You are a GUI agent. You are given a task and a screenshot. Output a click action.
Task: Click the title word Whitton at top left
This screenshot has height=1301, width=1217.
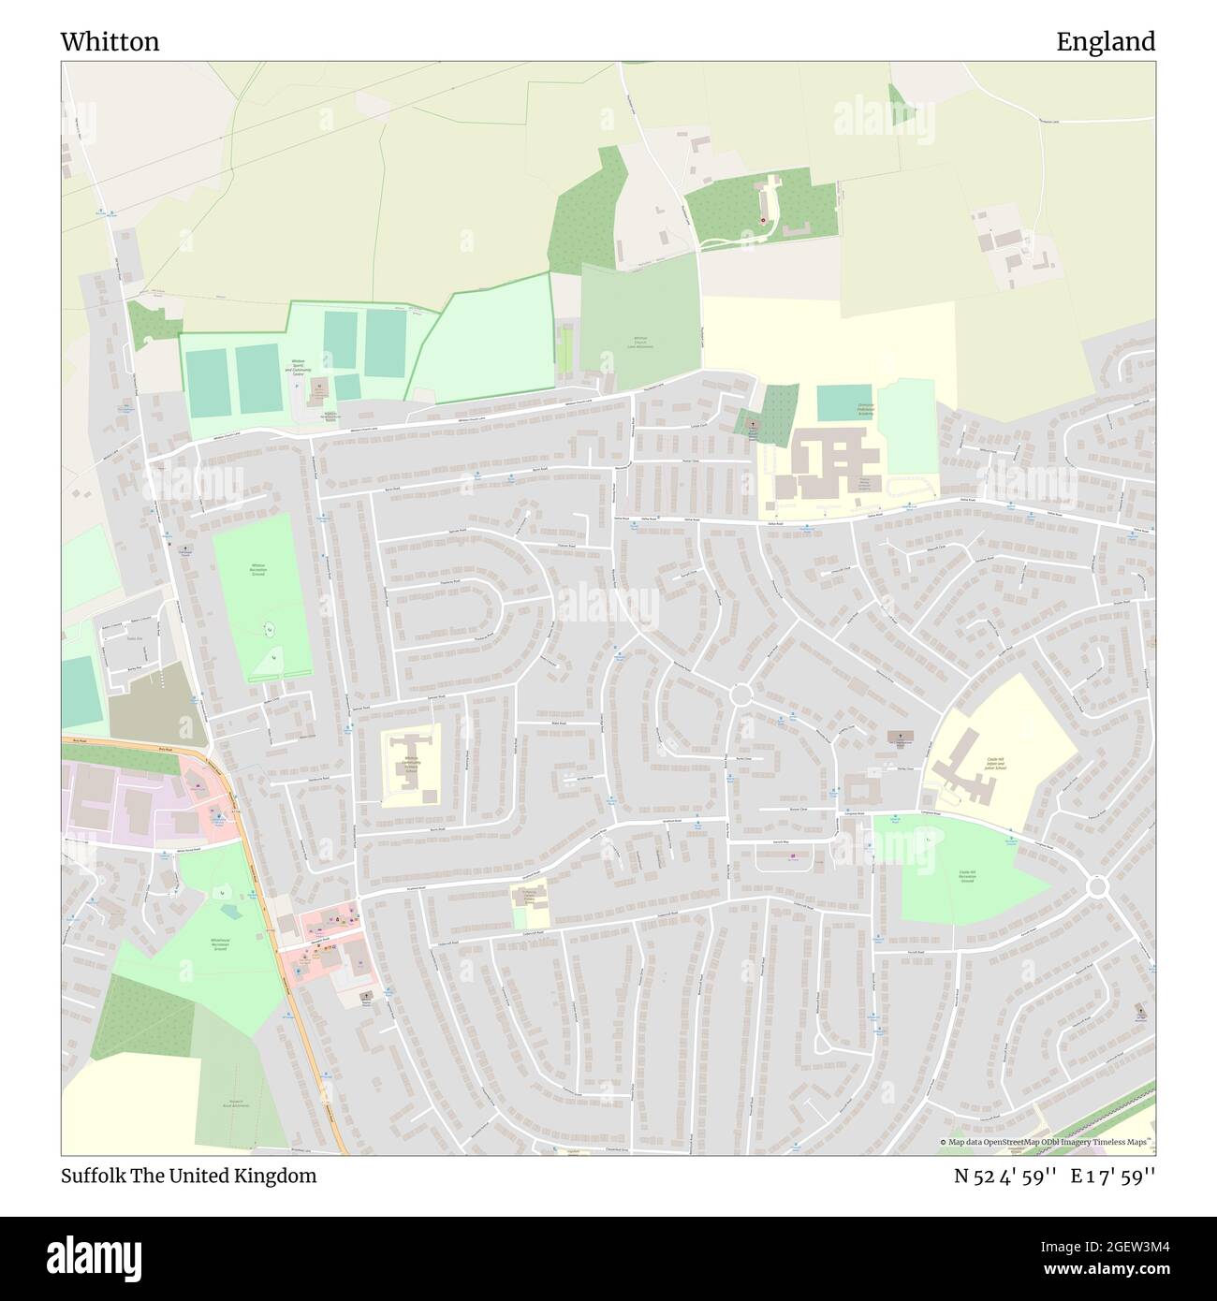coord(110,42)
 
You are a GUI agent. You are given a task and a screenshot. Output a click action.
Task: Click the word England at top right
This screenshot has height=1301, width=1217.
coord(1106,42)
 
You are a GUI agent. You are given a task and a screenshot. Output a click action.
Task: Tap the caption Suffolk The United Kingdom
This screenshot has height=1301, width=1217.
coord(188,1176)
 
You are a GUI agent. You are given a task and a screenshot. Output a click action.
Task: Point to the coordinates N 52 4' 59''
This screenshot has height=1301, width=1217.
coord(996,1176)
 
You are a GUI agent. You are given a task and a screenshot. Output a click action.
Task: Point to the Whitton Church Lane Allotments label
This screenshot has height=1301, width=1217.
coord(640,343)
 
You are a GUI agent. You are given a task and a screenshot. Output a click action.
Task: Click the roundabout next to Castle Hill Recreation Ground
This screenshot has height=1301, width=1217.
coord(1097,885)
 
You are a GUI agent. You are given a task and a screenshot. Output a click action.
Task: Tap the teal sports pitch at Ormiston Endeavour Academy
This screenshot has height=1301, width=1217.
coord(843,402)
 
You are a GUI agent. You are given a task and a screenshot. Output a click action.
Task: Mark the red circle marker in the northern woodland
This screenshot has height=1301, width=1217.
coord(762,221)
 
